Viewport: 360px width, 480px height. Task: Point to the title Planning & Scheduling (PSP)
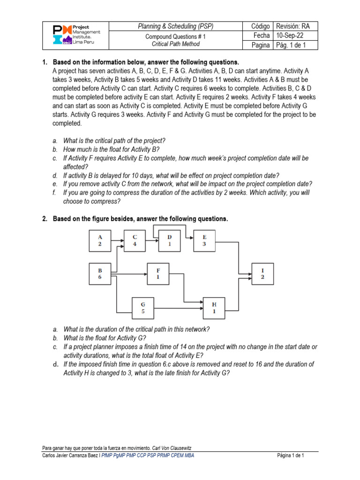coord(175,26)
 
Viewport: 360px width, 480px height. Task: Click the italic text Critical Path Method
coord(175,44)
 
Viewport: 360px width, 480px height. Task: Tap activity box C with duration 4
coord(135,240)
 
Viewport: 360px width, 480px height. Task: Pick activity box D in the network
coord(170,240)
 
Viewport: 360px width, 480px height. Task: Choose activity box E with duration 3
coord(204,240)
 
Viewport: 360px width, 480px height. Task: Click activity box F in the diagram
coord(158,274)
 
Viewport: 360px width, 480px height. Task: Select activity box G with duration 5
coord(143,308)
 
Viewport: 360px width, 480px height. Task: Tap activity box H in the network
coord(214,308)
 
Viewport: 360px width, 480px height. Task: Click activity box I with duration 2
coord(262,274)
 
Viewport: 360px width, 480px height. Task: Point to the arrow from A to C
coord(118,240)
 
